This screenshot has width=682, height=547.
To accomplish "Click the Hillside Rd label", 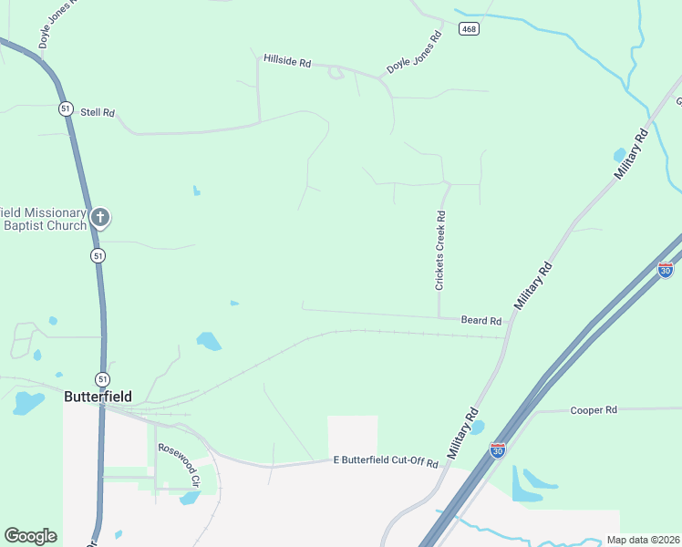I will point(287,60).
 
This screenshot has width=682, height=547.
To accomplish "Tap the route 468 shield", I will point(469,29).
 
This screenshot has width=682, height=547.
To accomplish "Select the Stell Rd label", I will point(98,112).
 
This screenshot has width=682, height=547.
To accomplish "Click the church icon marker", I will point(100,218).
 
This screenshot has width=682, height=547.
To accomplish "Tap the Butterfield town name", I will point(98,397).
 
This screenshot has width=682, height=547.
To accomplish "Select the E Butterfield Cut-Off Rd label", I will point(386,463).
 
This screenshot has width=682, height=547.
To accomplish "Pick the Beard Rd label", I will point(481,321).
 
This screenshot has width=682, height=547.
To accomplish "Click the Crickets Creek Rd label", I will point(440,251).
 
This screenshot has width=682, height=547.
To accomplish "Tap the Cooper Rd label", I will point(594,410).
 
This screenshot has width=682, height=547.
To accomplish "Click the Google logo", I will point(30,536).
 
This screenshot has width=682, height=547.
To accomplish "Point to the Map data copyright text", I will point(642,540).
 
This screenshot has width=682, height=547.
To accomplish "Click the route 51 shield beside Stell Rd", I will point(65,108).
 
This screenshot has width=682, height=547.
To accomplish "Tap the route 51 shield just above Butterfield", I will point(102,378).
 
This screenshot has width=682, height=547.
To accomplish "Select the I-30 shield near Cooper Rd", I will point(497,449).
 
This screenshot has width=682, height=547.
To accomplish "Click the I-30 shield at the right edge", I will point(666,271).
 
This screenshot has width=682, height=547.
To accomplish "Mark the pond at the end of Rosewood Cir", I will point(190,498).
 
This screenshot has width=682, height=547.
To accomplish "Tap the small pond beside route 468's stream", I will point(620,155).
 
